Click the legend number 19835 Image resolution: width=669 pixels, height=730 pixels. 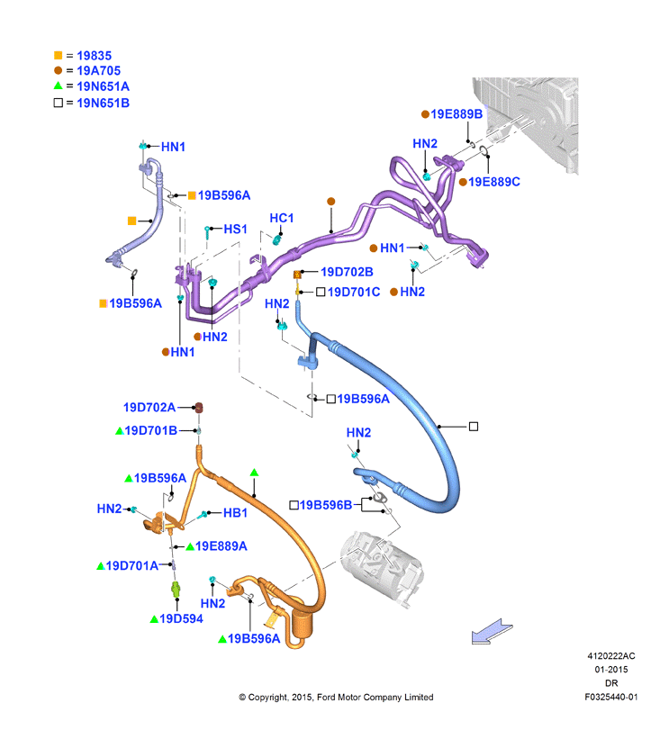coord(94,56)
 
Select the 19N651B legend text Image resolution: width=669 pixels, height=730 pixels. coord(104,103)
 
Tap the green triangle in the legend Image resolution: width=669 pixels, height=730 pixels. coord(59,86)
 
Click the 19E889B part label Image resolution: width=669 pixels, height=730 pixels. coord(457,114)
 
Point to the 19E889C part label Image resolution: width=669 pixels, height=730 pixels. coord(494,182)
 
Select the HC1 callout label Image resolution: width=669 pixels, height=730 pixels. coord(282,218)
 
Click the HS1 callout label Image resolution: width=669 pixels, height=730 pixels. coord(236,229)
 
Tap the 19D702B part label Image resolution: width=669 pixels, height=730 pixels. coord(347,272)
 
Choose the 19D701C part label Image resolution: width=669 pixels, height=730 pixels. coord(354,292)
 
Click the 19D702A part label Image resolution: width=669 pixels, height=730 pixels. coord(149,408)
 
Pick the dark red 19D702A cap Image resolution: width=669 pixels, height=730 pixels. coord(199,408)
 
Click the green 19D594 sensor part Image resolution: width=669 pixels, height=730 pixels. coord(176,590)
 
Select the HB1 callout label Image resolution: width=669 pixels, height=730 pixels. coord(235,513)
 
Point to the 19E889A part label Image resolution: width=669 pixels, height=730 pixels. coord(221,546)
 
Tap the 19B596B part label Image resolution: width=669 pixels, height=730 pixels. coord(326,505)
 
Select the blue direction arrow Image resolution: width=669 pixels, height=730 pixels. coord(492,632)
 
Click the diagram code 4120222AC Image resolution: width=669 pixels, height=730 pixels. coord(611,656)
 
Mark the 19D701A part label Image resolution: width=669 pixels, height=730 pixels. coord(132,565)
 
